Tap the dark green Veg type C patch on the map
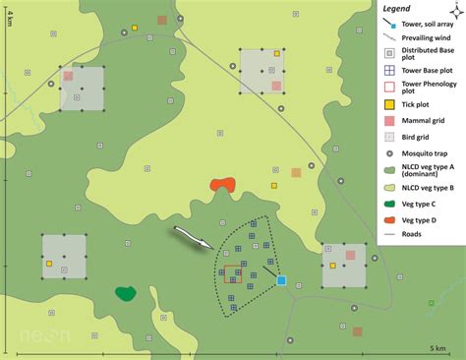pyautogui.click(x=125, y=293)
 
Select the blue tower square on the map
pyautogui.click(x=281, y=280)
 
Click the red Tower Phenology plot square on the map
pyautogui.click(x=232, y=273)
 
